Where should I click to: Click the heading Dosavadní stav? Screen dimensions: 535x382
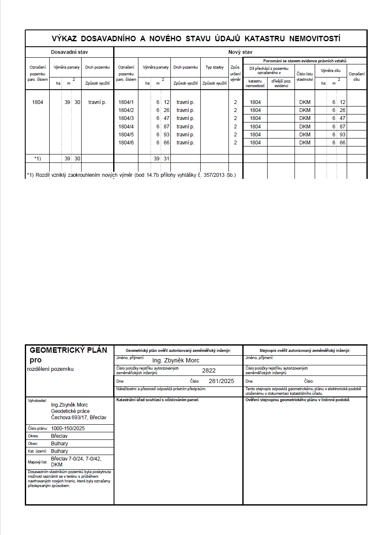click(69, 52)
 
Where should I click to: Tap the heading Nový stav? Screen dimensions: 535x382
click(240, 52)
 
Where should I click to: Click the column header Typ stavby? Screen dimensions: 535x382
click(215, 67)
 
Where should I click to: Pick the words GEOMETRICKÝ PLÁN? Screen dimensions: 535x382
click(69, 350)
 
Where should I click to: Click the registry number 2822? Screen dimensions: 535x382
click(209, 370)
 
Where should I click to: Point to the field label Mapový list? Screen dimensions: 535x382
click(38, 462)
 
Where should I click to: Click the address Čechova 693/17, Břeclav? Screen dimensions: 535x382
click(79, 418)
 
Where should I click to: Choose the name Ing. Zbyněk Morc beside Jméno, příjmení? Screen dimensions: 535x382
click(175, 360)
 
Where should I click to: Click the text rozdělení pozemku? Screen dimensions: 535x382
click(50, 369)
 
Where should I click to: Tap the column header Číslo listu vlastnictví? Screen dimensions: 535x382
click(305, 76)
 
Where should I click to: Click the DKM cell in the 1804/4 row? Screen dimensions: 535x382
click(305, 126)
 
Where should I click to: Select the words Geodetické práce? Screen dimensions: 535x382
click(70, 411)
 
